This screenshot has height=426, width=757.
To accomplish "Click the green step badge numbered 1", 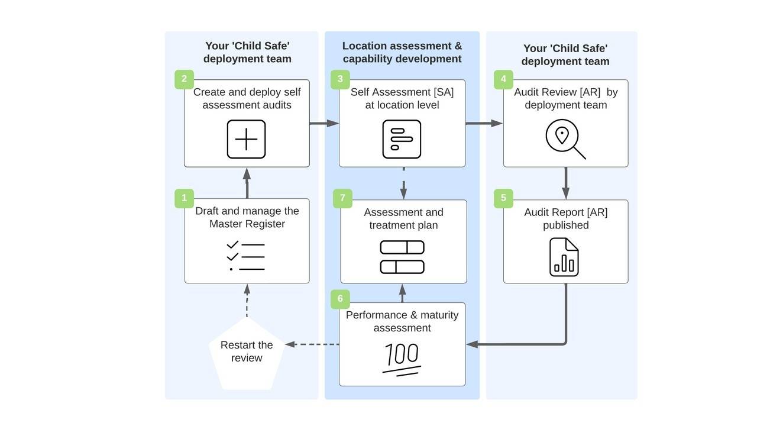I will (x=184, y=198).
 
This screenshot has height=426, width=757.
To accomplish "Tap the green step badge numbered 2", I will (x=184, y=79).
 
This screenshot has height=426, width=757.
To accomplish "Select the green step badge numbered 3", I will (x=340, y=79).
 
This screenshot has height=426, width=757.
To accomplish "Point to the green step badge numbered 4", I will (x=503, y=79).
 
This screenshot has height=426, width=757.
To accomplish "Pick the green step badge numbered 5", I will (x=503, y=198).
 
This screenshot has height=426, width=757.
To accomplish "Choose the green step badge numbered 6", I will (x=340, y=299).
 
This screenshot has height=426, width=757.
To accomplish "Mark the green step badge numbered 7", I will (x=342, y=198).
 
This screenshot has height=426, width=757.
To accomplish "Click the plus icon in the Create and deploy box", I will (x=247, y=140).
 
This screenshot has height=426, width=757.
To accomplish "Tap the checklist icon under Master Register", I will (x=246, y=256).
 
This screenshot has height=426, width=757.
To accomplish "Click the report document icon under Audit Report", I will (x=564, y=257).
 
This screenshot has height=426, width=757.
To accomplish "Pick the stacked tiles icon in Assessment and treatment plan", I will (x=402, y=257).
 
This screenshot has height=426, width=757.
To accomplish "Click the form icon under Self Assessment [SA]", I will (x=402, y=140).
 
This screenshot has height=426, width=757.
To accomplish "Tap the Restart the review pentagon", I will (x=247, y=353).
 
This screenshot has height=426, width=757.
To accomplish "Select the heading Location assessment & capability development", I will (x=402, y=52).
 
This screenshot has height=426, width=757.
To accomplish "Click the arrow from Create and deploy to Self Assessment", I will (x=324, y=123).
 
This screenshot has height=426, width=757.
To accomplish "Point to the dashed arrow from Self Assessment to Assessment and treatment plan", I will (x=403, y=183).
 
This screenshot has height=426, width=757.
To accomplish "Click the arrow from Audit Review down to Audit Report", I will (x=566, y=183).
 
